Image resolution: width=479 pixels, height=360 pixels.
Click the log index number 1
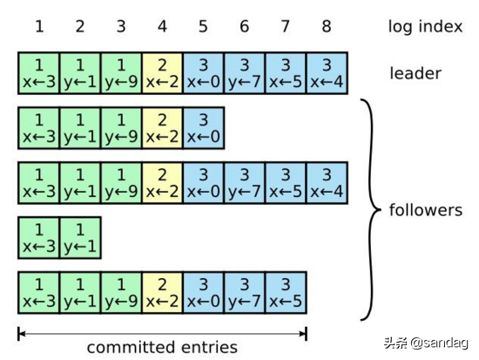click(x=39, y=27)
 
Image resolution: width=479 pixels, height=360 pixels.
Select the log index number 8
click(x=327, y=27)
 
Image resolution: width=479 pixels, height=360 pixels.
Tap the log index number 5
click(x=203, y=27)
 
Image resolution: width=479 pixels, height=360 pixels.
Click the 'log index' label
click(x=425, y=27)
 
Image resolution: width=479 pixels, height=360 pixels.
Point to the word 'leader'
click(x=416, y=72)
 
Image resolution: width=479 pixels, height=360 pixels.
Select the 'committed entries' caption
click(x=162, y=347)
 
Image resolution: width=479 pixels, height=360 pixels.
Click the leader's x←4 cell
click(x=327, y=72)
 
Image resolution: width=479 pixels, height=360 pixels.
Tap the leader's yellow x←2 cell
click(x=162, y=72)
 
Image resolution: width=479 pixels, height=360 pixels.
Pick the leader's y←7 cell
click(x=244, y=72)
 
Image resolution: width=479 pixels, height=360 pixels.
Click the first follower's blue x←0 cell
click(x=203, y=127)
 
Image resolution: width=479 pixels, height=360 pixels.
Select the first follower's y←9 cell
click(x=121, y=127)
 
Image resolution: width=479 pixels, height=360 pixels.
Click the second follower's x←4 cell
click(x=327, y=182)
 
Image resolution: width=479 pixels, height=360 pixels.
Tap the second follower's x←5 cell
click(x=286, y=182)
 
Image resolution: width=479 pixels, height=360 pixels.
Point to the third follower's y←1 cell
click(x=80, y=237)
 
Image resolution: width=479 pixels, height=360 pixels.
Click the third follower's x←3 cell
click(x=39, y=237)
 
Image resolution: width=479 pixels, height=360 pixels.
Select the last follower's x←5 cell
click(x=286, y=292)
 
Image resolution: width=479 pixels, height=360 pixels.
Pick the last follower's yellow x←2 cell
click(x=162, y=292)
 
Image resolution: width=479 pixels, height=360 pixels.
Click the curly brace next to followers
click(x=370, y=209)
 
